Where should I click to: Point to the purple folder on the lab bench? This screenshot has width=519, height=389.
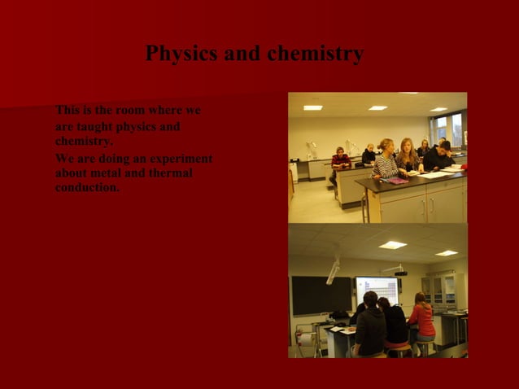[x=396, y=181]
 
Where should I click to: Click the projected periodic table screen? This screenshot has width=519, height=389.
[x=377, y=291]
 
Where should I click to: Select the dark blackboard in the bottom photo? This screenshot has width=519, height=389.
[x=321, y=295]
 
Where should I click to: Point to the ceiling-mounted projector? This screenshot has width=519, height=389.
[x=396, y=270]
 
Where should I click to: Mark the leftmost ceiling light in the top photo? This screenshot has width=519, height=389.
[x=312, y=107]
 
